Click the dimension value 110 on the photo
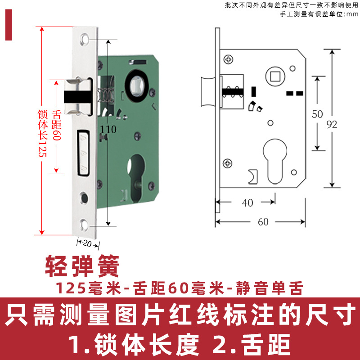click(x=108, y=130)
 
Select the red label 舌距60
click(x=57, y=126)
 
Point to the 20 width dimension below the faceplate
click(x=87, y=243)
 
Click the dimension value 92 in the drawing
click(x=332, y=125)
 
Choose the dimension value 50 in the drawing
click(x=317, y=114)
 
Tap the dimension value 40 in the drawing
click(x=247, y=203)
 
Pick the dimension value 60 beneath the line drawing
click(x=263, y=222)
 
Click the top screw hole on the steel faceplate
click(x=85, y=39)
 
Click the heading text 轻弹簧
click(x=82, y=267)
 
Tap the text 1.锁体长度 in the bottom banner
click(x=133, y=345)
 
